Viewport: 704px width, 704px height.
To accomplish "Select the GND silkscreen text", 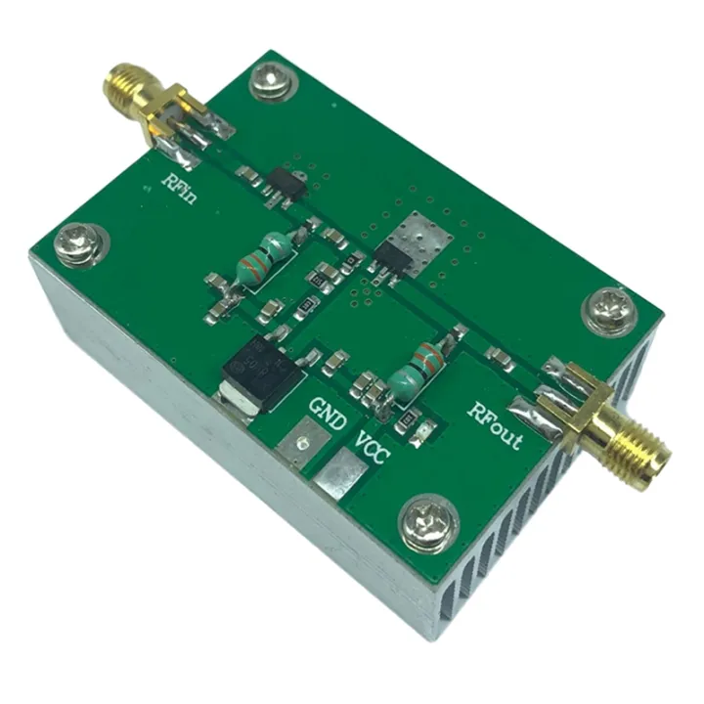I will (328, 412).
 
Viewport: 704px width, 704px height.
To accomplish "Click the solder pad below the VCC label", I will (341, 476).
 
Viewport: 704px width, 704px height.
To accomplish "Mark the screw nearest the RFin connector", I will (269, 80).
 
